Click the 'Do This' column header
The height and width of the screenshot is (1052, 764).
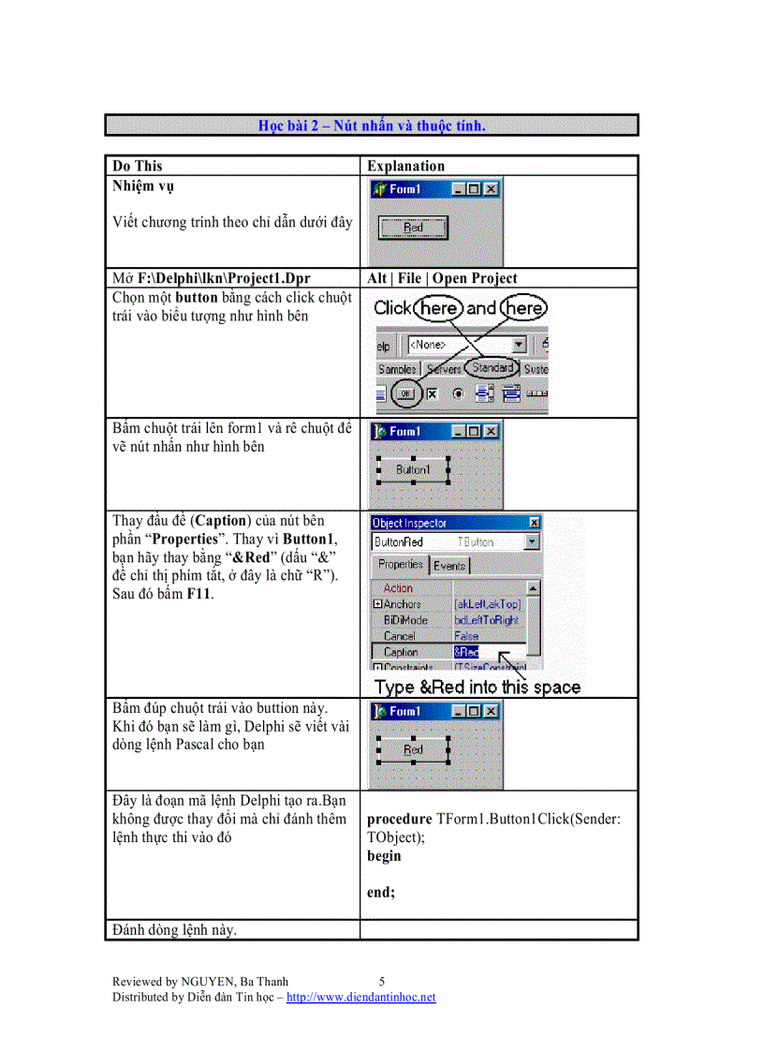click(137, 166)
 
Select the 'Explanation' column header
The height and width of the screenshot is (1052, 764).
click(405, 166)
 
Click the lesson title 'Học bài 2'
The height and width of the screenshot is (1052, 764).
click(372, 126)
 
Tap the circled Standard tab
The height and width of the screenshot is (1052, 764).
click(492, 368)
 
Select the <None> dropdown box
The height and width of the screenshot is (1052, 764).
click(465, 345)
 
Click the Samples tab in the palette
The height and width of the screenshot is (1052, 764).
click(396, 369)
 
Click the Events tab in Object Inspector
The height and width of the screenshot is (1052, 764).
click(449, 566)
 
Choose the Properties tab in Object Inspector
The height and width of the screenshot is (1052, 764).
click(400, 565)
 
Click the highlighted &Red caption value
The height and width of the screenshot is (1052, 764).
click(466, 652)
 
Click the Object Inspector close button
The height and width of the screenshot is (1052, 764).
click(534, 523)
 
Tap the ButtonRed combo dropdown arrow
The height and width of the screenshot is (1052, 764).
click(532, 541)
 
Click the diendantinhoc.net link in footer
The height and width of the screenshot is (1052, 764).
click(360, 997)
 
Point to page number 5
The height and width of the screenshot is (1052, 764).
click(382, 982)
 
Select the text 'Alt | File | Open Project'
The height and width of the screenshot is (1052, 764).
click(442, 278)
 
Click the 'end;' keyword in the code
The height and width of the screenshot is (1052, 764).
click(381, 893)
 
